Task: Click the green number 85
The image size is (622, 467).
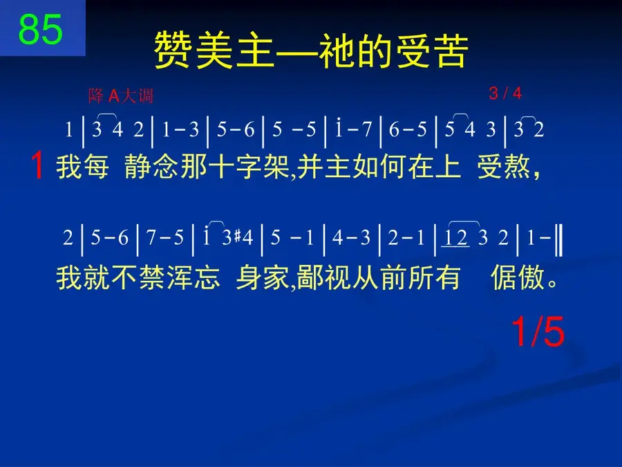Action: click(41, 29)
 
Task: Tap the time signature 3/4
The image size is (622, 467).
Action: click(505, 93)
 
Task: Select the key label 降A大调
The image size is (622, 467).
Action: click(120, 95)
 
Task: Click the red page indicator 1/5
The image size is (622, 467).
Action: click(538, 332)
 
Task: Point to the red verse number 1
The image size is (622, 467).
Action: click(37, 165)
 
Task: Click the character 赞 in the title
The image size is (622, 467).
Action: click(173, 51)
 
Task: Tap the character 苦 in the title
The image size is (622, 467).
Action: click(450, 51)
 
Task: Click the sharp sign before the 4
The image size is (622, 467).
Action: click(237, 237)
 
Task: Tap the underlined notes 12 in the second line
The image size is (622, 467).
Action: click(455, 238)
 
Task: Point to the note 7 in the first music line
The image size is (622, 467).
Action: click(366, 129)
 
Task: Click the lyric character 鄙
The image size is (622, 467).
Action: click(310, 277)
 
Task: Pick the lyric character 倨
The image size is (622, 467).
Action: click(504, 277)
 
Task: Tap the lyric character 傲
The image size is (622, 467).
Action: click(531, 277)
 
